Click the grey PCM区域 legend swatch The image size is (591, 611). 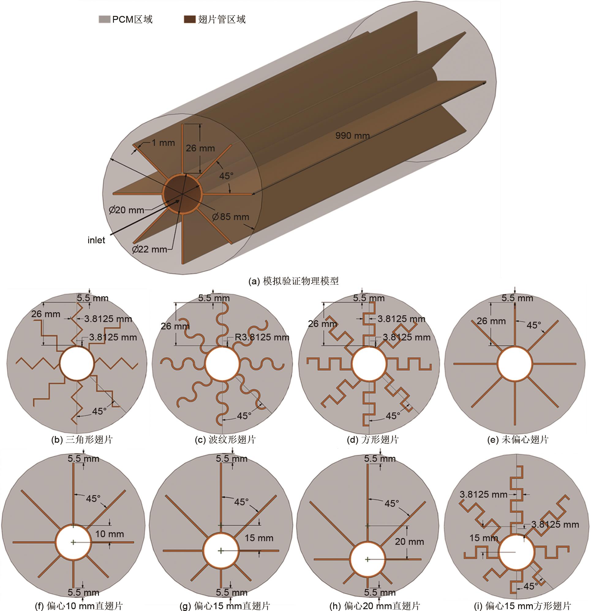tap(104, 19)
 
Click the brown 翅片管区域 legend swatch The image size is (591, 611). tap(190, 19)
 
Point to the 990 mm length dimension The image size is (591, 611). tap(352, 136)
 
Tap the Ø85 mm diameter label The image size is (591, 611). tap(231, 217)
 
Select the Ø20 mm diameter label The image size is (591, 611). tap(126, 210)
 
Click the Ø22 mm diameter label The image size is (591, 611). tap(149, 249)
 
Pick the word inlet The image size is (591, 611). tap(96, 240)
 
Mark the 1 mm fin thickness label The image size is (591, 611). tap(163, 143)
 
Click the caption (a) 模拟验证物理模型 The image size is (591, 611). tap(293, 281)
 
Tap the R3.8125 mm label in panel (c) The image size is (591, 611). tap(262, 337)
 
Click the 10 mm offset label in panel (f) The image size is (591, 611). tap(109, 534)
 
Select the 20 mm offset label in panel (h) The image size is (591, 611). tap(409, 542)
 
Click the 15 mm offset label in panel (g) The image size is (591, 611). tap(259, 538)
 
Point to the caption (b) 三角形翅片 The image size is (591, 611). tap(82, 439)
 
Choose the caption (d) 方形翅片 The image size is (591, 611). tap(373, 439)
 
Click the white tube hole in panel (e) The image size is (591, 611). tap(515, 363)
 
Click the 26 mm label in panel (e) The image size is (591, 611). tap(491, 321)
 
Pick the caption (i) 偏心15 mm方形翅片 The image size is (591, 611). tap(522, 606)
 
